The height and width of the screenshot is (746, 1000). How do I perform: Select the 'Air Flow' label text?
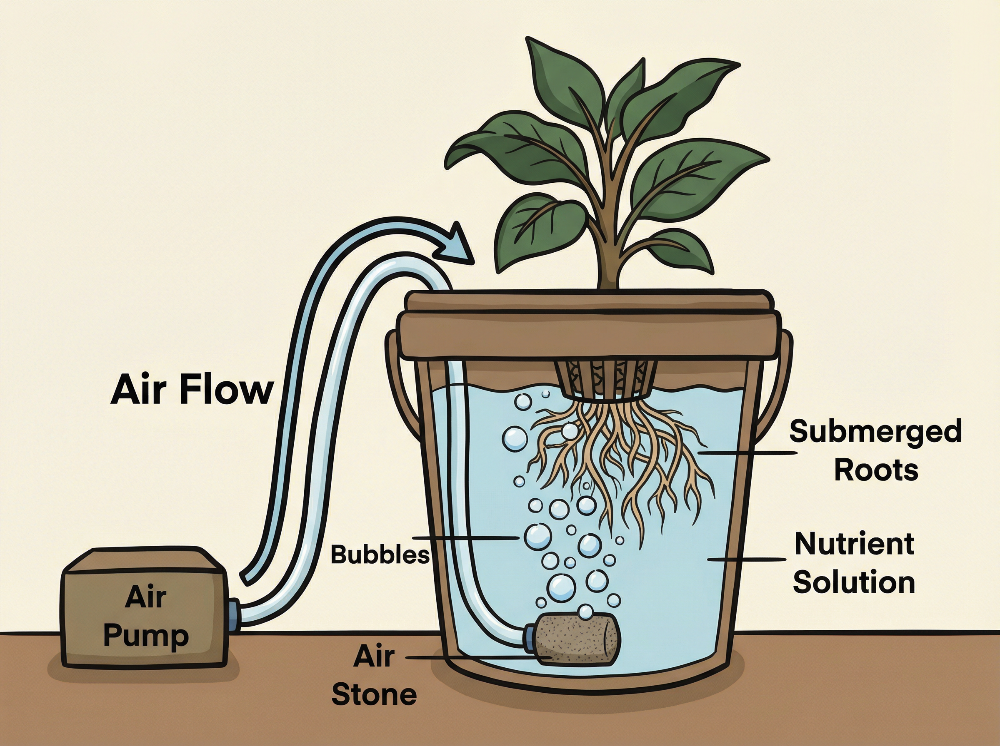point(192,390)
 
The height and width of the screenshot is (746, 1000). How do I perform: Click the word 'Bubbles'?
point(380,555)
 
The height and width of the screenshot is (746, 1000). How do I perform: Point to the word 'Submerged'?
point(875,431)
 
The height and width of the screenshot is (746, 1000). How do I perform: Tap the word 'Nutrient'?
point(854,544)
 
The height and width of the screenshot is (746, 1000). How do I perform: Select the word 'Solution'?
point(854,582)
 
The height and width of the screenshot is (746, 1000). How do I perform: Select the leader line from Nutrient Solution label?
point(745,559)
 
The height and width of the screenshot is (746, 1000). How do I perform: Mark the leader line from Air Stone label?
point(475,659)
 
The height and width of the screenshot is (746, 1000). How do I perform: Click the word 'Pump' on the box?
point(145,637)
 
